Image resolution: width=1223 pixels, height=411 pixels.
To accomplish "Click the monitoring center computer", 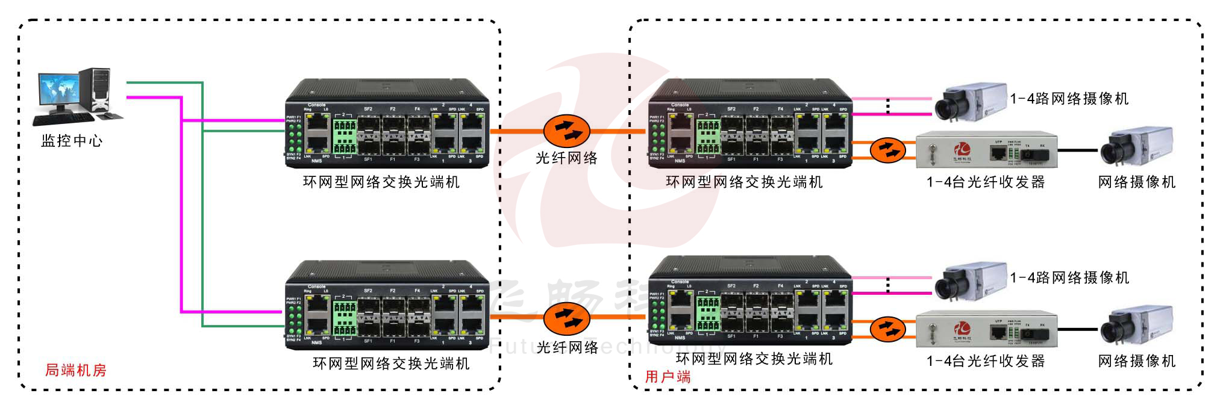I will click(x=76, y=95).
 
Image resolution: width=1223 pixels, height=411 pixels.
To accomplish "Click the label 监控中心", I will click(x=72, y=141).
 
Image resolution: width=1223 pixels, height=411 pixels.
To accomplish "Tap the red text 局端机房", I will click(x=76, y=370).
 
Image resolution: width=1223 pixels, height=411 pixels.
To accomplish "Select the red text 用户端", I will click(x=668, y=377).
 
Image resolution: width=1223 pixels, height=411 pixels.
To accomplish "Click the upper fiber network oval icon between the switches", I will click(x=566, y=131).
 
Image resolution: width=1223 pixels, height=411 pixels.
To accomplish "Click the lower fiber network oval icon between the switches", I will click(x=566, y=318).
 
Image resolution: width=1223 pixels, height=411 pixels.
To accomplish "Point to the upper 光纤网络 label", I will click(x=566, y=158).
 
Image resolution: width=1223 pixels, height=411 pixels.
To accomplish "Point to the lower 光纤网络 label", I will click(x=566, y=347).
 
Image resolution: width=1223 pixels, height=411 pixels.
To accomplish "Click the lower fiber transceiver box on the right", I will click(x=986, y=330).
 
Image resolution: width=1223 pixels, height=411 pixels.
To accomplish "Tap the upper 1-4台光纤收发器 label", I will click(x=986, y=182).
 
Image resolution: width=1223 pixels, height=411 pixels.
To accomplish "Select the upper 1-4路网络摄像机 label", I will click(x=1069, y=99).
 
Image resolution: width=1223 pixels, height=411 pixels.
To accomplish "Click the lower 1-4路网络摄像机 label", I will click(x=1069, y=277).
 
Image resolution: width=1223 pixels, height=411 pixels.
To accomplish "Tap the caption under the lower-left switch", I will click(x=391, y=363).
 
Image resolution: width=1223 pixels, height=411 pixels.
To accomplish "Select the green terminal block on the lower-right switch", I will click(x=708, y=313).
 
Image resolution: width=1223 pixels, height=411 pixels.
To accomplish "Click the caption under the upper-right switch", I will click(x=744, y=182).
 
